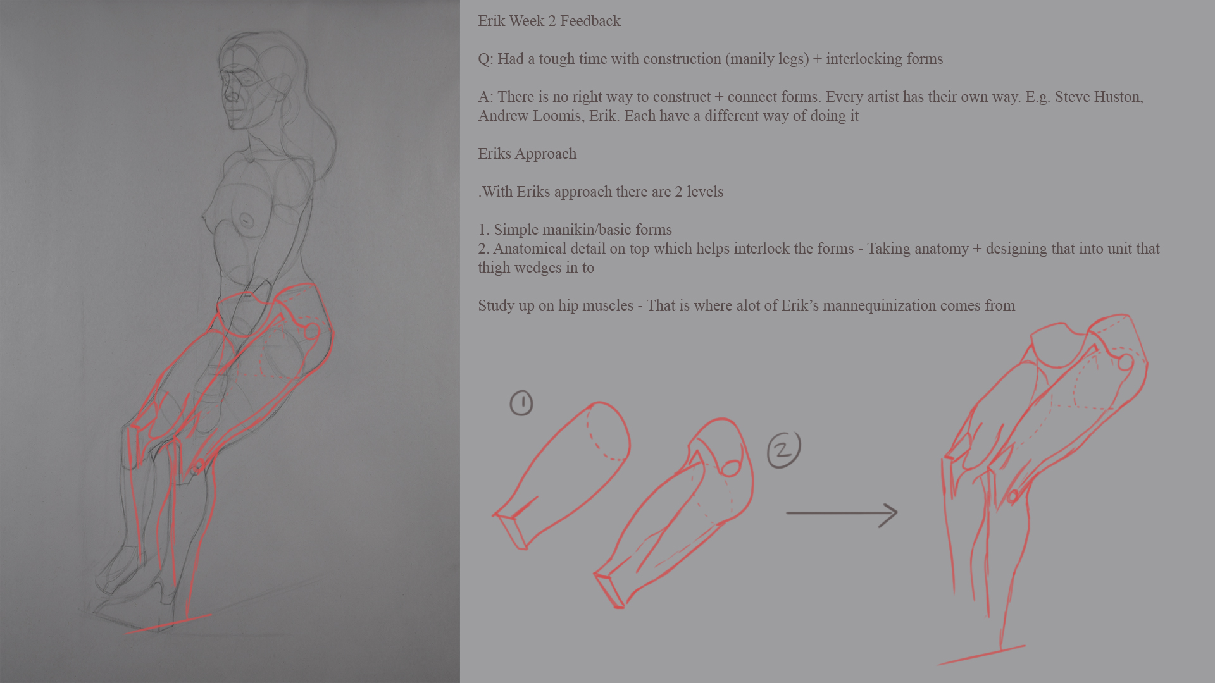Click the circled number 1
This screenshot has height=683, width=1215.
[521, 403]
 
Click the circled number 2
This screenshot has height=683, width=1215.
[784, 450]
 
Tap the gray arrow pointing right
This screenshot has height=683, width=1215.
[842, 514]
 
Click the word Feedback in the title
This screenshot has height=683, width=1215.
[590, 21]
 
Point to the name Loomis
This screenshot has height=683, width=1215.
[558, 116]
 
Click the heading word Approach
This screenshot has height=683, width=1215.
[545, 154]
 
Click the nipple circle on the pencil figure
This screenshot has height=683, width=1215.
[246, 221]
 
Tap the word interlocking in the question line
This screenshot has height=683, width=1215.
[864, 59]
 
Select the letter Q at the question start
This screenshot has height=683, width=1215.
[484, 59]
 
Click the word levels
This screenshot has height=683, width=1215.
[705, 192]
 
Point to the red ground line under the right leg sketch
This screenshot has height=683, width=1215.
[981, 655]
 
